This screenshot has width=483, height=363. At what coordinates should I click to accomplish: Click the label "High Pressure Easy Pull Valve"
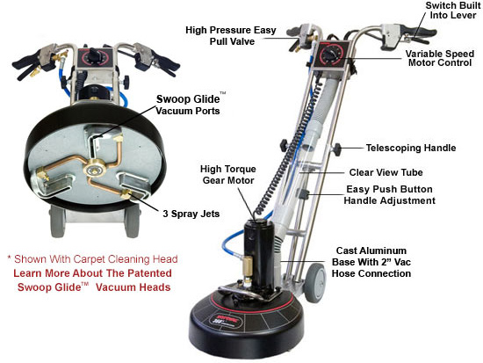click(231, 36)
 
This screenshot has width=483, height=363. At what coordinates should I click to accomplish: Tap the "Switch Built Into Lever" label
click(453, 11)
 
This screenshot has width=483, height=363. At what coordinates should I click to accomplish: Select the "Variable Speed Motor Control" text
click(440, 58)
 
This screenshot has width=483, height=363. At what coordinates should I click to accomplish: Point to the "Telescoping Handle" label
click(411, 148)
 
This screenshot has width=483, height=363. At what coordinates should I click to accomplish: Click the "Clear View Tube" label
click(386, 172)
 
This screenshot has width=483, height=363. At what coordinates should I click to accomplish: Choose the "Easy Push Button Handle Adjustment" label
click(389, 195)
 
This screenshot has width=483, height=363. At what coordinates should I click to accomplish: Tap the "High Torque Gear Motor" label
click(228, 175)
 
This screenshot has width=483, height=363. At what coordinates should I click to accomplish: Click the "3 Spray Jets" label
click(191, 214)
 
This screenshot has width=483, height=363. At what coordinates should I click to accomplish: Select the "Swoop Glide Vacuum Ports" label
click(189, 105)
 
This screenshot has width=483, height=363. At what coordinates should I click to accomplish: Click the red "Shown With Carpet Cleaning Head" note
click(93, 259)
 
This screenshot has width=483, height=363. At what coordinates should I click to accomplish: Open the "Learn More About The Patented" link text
click(93, 273)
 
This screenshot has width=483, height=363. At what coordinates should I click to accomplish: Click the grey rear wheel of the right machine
click(315, 279)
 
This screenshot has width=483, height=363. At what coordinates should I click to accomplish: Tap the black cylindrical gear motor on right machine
click(258, 253)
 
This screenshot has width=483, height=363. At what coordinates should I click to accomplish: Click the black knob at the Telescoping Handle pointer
click(337, 149)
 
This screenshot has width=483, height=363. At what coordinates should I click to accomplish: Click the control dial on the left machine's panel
click(93, 57)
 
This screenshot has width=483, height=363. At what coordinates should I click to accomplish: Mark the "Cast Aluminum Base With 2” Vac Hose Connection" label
click(371, 262)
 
